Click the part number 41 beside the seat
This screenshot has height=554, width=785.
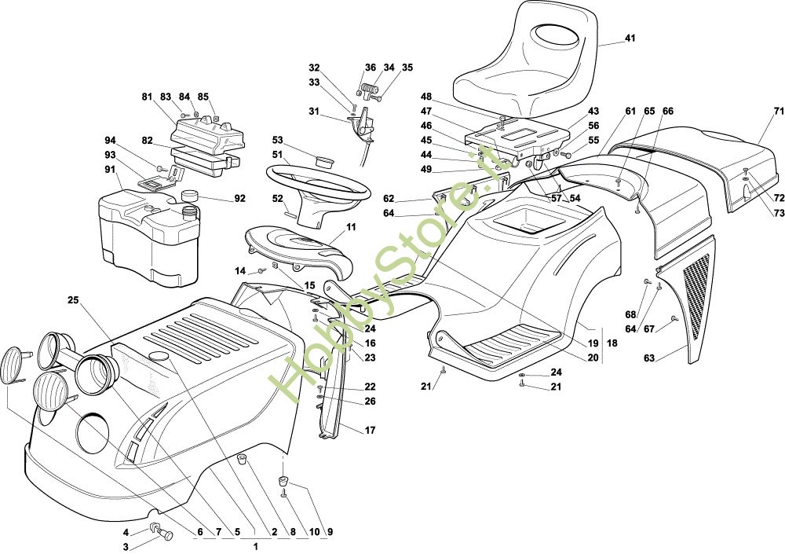tap(630, 39)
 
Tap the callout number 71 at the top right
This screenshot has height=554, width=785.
tap(778, 111)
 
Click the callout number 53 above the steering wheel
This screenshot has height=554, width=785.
tap(277, 141)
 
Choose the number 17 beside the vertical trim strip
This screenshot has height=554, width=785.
tap(370, 430)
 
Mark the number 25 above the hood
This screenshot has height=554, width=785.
tap(73, 300)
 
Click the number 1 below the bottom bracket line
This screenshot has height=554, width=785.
tap(256, 545)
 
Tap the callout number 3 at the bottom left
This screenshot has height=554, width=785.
tap(124, 546)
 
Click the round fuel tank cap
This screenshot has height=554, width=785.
tap(188, 194)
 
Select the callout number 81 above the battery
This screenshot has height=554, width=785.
tap(147, 97)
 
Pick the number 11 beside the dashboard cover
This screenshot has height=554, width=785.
tap(350, 226)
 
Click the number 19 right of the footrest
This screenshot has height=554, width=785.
tap(593, 343)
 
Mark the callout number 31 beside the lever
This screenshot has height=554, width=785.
tap(313, 111)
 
